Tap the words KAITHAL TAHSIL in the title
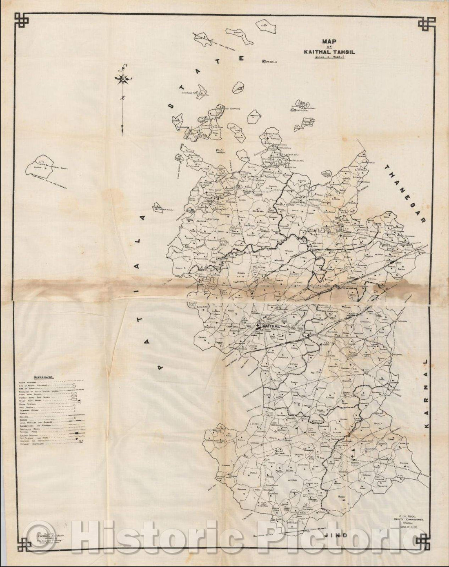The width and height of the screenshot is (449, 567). pos(328,52)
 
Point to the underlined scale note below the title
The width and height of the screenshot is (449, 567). pos(328,58)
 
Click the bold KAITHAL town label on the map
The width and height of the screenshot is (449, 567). pos(269,327)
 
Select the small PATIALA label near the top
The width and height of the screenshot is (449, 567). pos(270,62)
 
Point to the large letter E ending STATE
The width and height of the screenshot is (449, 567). pos(242,58)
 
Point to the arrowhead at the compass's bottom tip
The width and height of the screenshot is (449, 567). pos(122,131)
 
